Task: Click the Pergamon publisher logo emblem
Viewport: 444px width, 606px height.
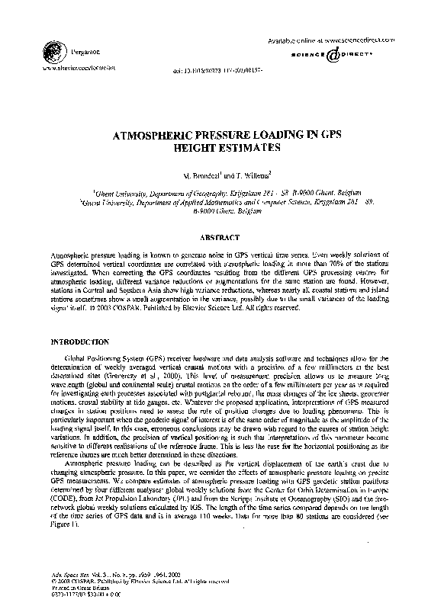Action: (53, 53)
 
